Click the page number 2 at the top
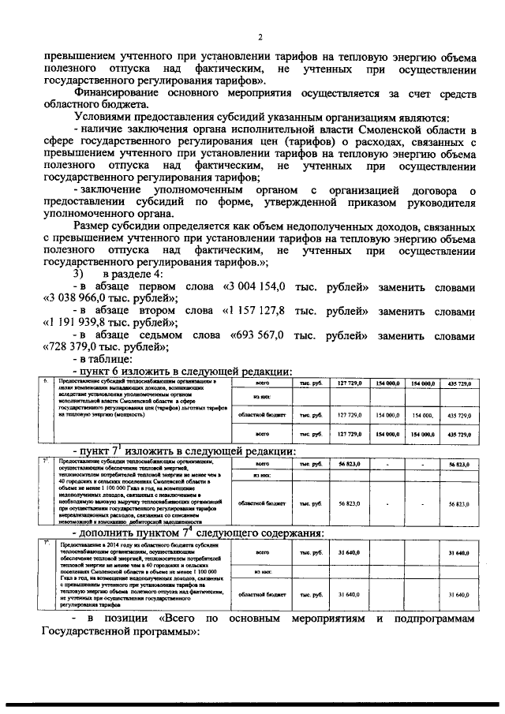(x=260, y=38)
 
